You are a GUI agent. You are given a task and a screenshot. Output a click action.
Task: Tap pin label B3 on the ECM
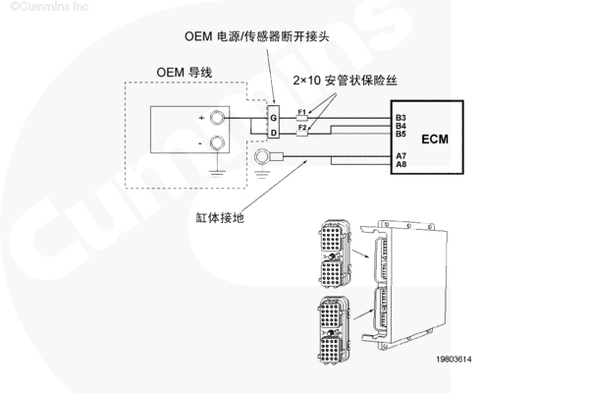(401, 118)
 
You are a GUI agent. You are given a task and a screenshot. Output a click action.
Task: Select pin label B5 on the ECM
(401, 134)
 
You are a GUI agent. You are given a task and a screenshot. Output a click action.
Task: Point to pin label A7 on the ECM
(401, 155)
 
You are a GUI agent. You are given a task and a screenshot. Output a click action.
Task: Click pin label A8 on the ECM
(401, 164)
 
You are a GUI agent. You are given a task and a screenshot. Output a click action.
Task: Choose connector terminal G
(275, 118)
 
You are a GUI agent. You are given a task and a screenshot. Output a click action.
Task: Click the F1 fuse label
(302, 112)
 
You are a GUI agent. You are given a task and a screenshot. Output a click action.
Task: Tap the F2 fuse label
(302, 129)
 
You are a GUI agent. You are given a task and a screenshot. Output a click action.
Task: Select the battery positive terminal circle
(218, 120)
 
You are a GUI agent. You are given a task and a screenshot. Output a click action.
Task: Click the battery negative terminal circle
(218, 144)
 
